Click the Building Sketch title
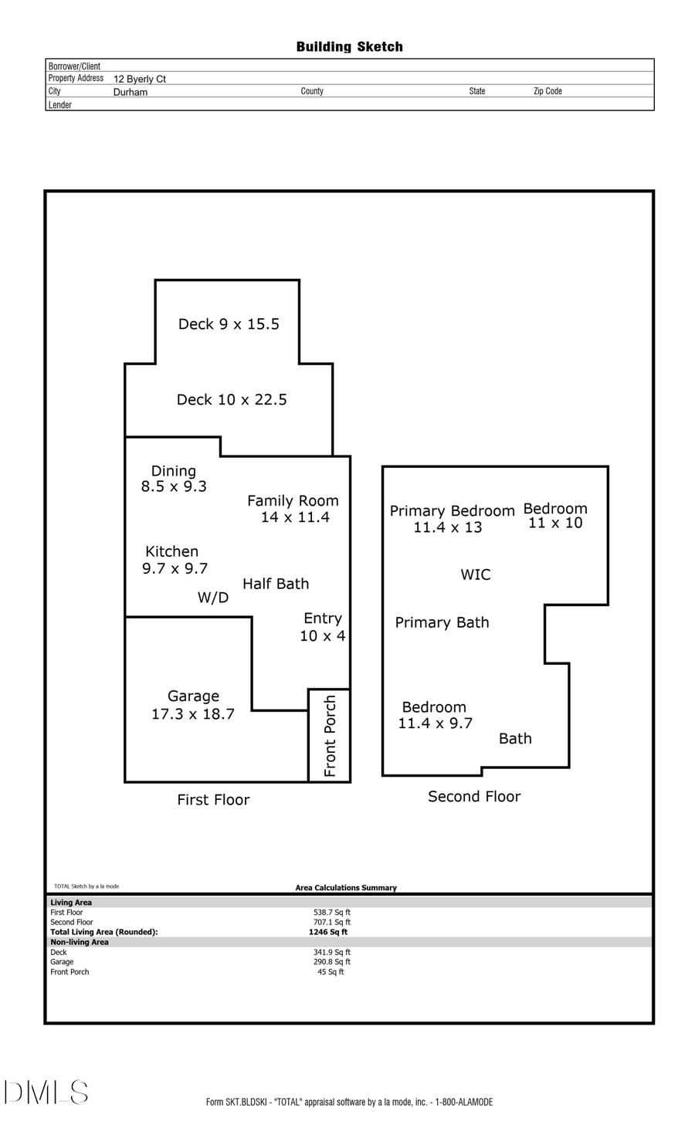coord(349,47)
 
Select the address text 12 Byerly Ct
coord(140,79)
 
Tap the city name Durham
coord(131,92)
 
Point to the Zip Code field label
coord(548,91)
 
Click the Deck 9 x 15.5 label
coord(229,324)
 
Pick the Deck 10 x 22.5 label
coord(232,400)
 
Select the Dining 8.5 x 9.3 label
coord(174,479)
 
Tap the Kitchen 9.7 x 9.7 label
coord(175,560)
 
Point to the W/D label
coord(213,598)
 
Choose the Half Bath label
coord(276,584)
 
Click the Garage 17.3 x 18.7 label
coord(193,705)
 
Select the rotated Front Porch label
coord(331,736)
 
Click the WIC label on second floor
coord(476,574)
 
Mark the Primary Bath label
coord(442,622)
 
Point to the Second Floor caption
coord(474,796)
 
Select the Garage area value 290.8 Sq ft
coord(332,962)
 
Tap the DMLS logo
coord(46,1092)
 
